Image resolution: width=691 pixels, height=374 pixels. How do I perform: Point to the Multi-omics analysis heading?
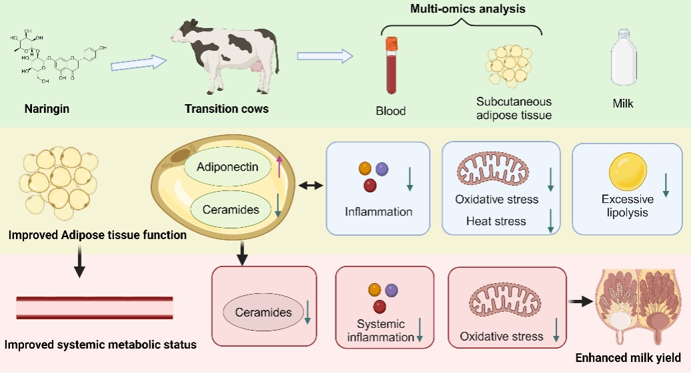pyautogui.click(x=461, y=9)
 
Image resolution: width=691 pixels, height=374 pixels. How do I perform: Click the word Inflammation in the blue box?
pyautogui.click(x=379, y=212)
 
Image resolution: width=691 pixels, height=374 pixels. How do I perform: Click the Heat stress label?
pyautogui.click(x=496, y=221)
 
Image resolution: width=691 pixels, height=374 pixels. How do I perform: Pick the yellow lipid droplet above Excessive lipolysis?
pyautogui.click(x=628, y=170)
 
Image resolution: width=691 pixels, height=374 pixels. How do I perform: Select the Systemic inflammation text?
pyautogui.click(x=380, y=331)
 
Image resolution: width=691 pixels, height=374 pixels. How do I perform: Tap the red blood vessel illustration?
pyautogui.click(x=94, y=307)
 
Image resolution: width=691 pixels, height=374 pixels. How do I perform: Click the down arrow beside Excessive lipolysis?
pyautogui.click(x=666, y=184)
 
